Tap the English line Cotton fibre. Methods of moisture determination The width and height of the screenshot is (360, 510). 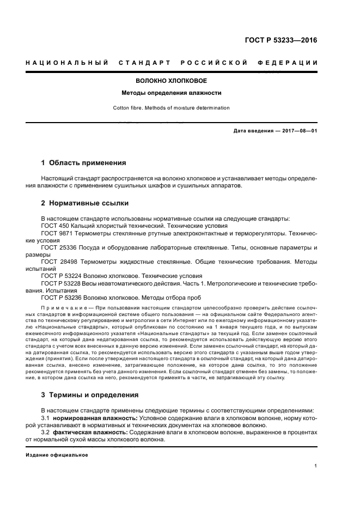[x=171, y=108]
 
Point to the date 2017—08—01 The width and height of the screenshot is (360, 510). [x=299, y=131]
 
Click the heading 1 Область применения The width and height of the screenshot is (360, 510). [x=84, y=162]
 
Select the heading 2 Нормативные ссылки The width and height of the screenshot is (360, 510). [x=85, y=203]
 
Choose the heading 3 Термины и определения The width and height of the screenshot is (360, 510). [x=90, y=394]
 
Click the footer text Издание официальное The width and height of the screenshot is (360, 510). [x=57, y=455]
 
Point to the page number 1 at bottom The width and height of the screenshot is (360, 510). [x=315, y=466]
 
